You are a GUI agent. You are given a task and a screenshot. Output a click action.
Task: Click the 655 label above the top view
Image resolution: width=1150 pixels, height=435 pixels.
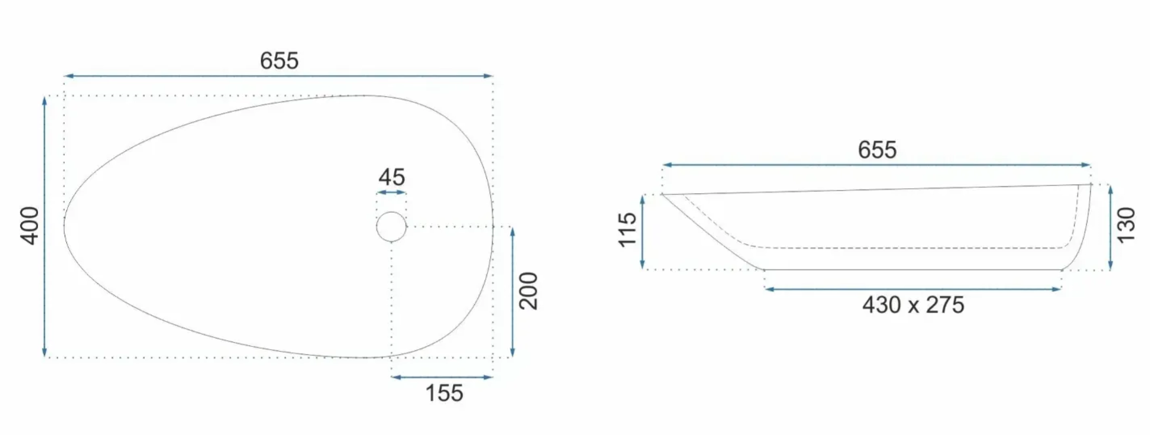pyautogui.click(x=279, y=61)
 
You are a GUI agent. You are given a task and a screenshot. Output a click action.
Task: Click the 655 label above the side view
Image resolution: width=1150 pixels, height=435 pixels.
pyautogui.click(x=877, y=150)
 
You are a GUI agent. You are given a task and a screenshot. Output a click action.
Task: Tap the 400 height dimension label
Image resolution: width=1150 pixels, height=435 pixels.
pyautogui.click(x=30, y=226)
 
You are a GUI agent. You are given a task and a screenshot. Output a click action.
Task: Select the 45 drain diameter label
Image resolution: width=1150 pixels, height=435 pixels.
pyautogui.click(x=391, y=177)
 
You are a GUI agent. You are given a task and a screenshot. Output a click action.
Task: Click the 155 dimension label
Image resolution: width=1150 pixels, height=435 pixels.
pyautogui.click(x=444, y=393)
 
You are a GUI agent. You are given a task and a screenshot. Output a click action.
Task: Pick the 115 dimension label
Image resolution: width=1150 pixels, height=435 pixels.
pyautogui.click(x=627, y=230)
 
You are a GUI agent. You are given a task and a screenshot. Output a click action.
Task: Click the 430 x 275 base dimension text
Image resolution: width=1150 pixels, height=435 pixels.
pyautogui.click(x=913, y=305)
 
